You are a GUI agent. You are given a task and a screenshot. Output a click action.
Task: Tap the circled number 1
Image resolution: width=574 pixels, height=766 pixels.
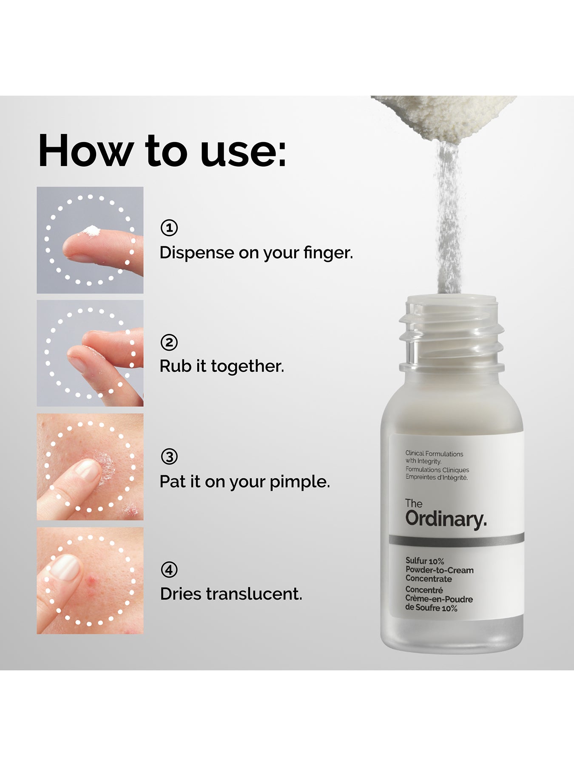(169, 228)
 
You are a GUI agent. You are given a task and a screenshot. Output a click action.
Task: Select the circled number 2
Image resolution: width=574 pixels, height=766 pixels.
(169, 342)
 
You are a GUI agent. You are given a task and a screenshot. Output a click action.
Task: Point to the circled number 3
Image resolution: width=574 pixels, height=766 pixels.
(169, 457)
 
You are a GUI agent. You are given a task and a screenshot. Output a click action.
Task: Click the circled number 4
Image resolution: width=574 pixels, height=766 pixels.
(169, 569)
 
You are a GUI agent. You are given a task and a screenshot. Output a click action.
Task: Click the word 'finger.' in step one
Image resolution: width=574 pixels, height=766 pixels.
(328, 253)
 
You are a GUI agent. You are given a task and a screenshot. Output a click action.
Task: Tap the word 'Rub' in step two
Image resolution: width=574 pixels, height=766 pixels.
(175, 366)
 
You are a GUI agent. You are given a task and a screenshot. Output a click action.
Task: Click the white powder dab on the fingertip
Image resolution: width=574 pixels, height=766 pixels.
(91, 231)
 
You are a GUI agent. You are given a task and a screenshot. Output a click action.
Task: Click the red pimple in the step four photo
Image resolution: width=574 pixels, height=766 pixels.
(91, 580)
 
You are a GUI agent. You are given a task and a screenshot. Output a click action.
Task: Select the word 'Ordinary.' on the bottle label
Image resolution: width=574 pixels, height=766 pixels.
(446, 519)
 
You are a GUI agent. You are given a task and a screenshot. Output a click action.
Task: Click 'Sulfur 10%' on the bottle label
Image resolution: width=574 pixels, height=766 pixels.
(424, 561)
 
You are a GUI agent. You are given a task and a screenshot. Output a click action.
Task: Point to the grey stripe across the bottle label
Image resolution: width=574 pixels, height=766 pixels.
(456, 540)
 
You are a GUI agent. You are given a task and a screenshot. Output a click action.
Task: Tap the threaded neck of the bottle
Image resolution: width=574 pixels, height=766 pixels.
(451, 336)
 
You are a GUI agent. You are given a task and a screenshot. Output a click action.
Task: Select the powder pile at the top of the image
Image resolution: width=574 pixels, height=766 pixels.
(444, 115)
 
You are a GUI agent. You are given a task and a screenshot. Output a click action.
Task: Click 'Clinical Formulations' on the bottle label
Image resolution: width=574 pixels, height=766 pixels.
(434, 454)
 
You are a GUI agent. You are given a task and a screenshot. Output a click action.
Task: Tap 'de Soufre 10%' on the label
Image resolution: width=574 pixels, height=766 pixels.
(431, 608)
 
